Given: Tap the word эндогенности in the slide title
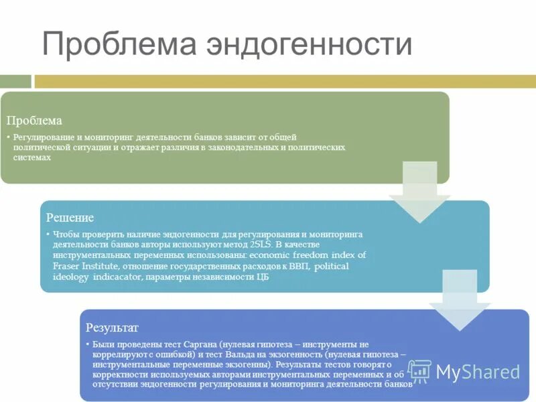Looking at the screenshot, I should [x=309, y=45].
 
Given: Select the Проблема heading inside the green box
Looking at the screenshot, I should [x=34, y=121].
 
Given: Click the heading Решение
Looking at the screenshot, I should [x=70, y=218].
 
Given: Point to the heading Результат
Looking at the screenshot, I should [x=112, y=328].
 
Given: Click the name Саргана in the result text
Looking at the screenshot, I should [x=198, y=343].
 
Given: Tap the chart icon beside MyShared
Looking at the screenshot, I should [x=419, y=371].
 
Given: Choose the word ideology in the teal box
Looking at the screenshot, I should [x=70, y=277].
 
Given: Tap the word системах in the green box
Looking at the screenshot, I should [x=32, y=157].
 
